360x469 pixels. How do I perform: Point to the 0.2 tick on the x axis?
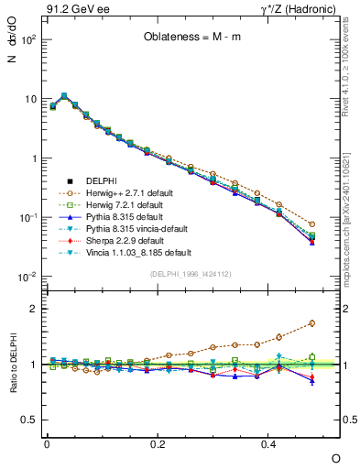click(x=158, y=443)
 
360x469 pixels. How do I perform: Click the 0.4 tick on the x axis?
click(x=269, y=443)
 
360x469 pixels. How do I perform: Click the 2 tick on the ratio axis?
click(x=33, y=309)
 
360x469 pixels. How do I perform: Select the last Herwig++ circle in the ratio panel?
click(x=312, y=323)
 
